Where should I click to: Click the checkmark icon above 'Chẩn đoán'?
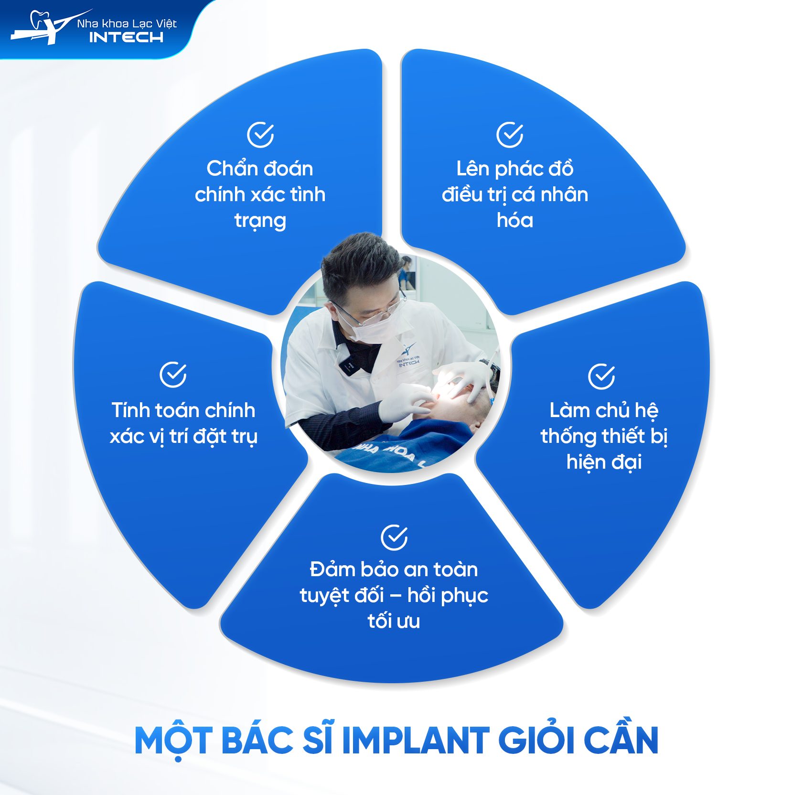pyautogui.click(x=260, y=135)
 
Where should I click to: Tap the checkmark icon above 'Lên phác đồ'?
pyautogui.click(x=510, y=135)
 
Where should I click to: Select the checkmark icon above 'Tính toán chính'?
pyautogui.click(x=173, y=375)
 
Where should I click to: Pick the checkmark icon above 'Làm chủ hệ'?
pyautogui.click(x=601, y=376)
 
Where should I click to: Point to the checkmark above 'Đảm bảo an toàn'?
pyautogui.click(x=394, y=537)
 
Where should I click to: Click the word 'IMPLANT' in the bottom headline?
pyautogui.click(x=416, y=740)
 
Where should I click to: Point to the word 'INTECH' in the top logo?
pyautogui.click(x=126, y=37)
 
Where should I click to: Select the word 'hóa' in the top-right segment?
pyautogui.click(x=515, y=220)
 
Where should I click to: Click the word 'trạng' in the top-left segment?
pyautogui.click(x=260, y=221)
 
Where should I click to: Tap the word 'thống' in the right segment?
pyautogui.click(x=568, y=436)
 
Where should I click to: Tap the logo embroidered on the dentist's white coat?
pyautogui.click(x=408, y=356)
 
